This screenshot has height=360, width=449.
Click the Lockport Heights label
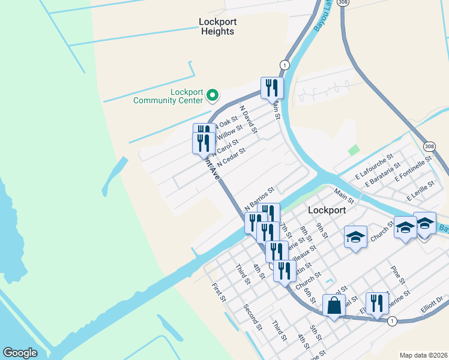(x=217, y=26)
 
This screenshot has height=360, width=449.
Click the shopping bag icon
(x=334, y=305)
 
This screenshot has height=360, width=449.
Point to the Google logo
(x=20, y=353)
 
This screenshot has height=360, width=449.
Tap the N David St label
(x=248, y=120)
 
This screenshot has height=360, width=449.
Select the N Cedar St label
(x=231, y=157)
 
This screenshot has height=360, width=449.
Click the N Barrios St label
(x=260, y=197)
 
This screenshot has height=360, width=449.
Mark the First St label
(x=219, y=293)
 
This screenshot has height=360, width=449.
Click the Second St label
(x=253, y=317)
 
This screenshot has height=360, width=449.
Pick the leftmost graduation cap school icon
(x=355, y=237)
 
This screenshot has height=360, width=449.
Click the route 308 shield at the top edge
(x=342, y=3)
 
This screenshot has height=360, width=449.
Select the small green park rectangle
(x=354, y=150)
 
